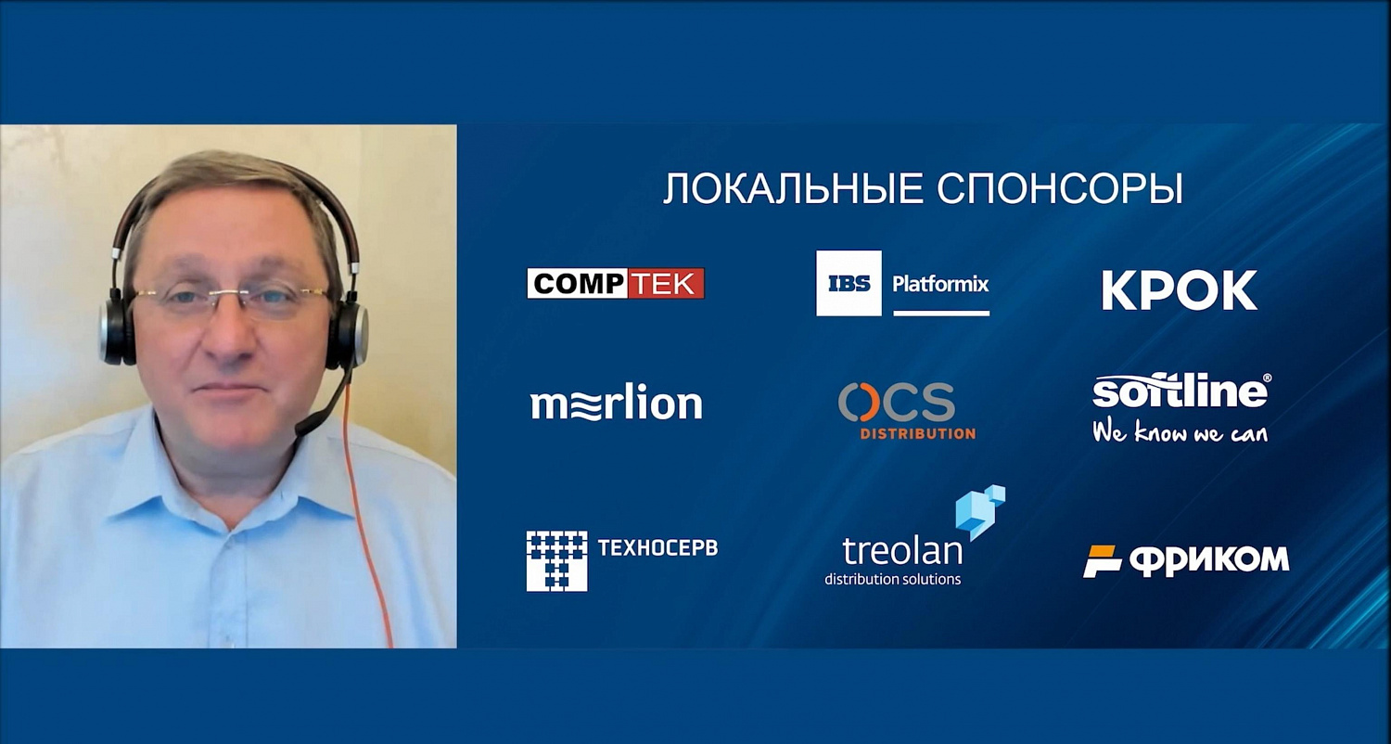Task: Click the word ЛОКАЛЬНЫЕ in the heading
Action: (x=793, y=189)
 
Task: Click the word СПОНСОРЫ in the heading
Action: (x=1059, y=189)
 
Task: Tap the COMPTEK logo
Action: (x=616, y=283)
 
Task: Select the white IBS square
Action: (x=849, y=283)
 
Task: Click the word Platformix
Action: (x=940, y=284)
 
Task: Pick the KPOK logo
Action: (x=1180, y=290)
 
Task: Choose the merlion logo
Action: (x=617, y=403)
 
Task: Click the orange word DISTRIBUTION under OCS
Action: (x=918, y=433)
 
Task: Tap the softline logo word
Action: (x=1180, y=391)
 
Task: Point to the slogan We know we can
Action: (x=1180, y=431)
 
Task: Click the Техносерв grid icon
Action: (x=556, y=560)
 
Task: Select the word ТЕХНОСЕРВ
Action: (x=657, y=547)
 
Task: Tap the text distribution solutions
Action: (x=892, y=580)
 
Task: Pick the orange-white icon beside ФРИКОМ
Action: (x=1103, y=561)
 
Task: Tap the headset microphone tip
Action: (x=304, y=428)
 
